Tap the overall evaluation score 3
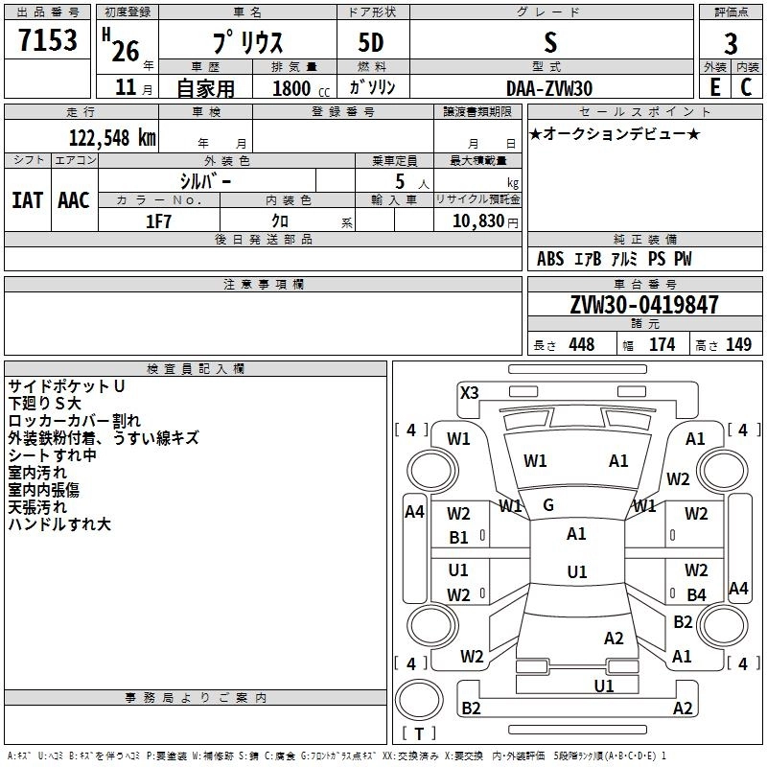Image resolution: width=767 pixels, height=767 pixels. coord(731,44)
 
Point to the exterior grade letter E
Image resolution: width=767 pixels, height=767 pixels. coord(714,86)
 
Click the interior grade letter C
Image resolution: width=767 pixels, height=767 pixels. coord(746,86)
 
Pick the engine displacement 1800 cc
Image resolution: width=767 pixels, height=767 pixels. coord(293,88)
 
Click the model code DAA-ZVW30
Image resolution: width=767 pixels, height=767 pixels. coord(549,88)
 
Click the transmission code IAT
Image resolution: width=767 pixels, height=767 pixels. coord(27,200)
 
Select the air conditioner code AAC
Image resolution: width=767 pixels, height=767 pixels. coord(73,200)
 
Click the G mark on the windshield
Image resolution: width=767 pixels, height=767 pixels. coord(548,504)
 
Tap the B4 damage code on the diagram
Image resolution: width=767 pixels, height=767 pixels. coord(696,595)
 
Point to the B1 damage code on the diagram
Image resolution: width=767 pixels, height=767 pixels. coord(459,538)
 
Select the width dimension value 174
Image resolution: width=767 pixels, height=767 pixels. coord(662,345)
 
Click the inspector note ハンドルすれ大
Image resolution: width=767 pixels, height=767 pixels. coord(59,524)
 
